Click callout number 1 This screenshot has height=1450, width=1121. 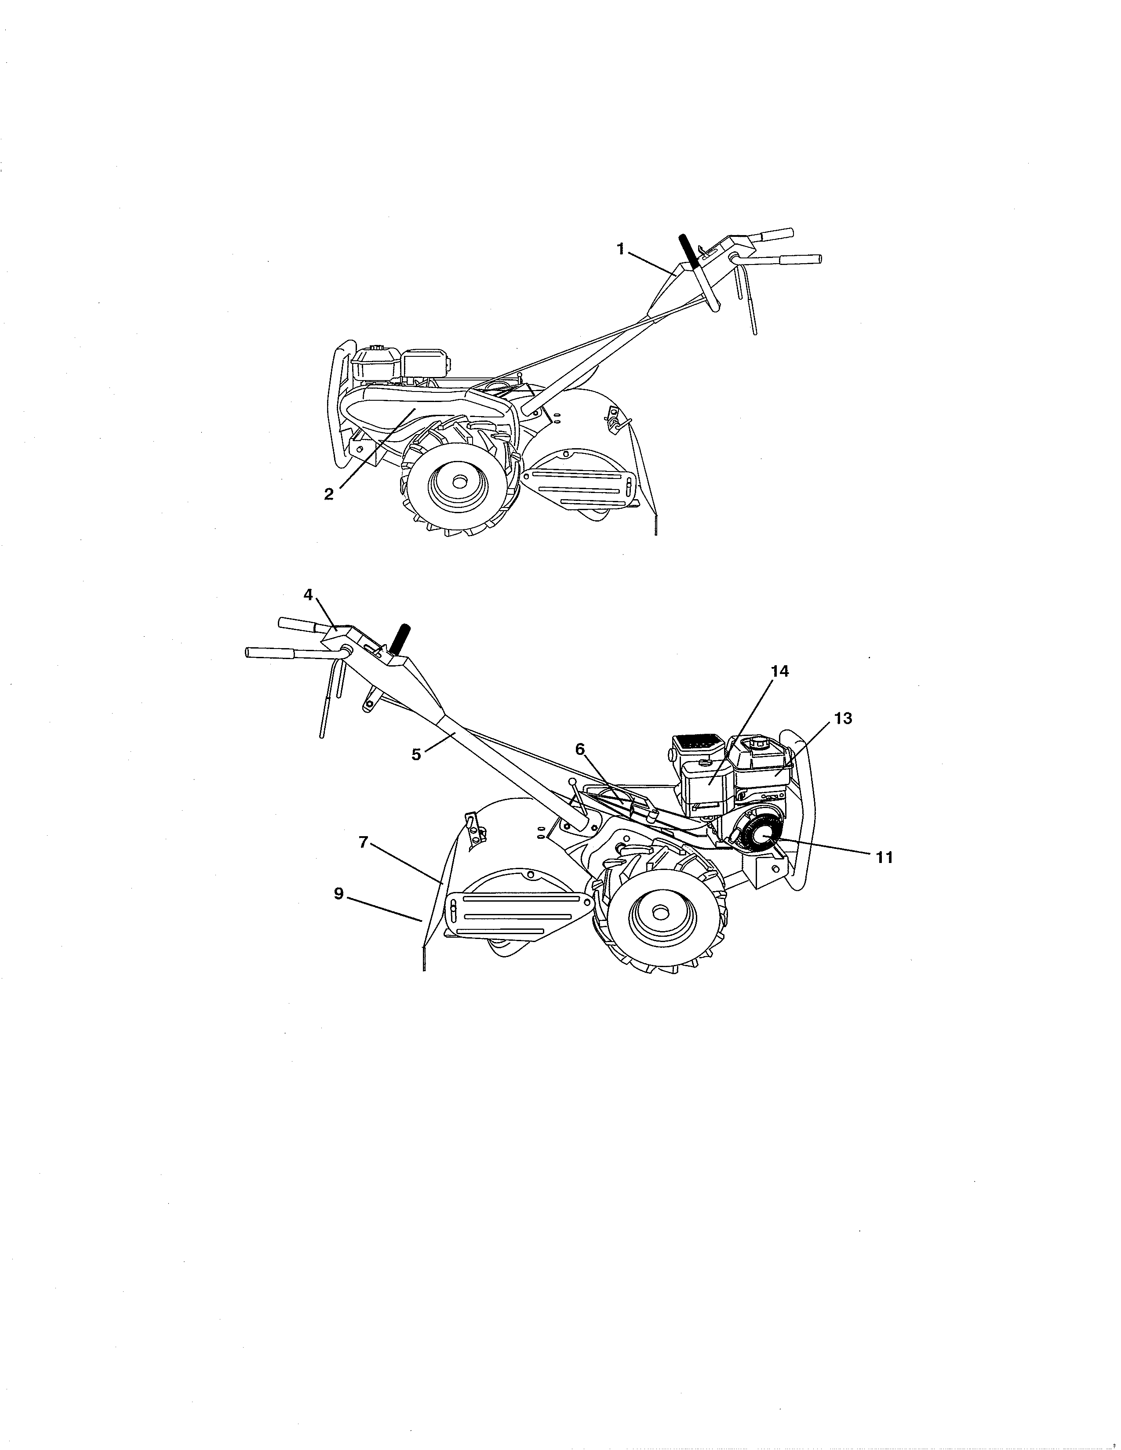click(x=620, y=249)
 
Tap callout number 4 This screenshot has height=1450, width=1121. click(x=308, y=595)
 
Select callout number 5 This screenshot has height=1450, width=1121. click(x=416, y=755)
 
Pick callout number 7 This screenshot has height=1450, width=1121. click(x=363, y=842)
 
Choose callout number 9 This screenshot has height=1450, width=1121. click(x=338, y=894)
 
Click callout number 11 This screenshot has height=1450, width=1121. click(x=884, y=858)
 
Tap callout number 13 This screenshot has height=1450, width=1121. click(x=843, y=718)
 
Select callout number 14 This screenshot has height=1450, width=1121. click(x=780, y=671)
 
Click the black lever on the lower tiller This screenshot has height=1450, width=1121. click(x=401, y=641)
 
